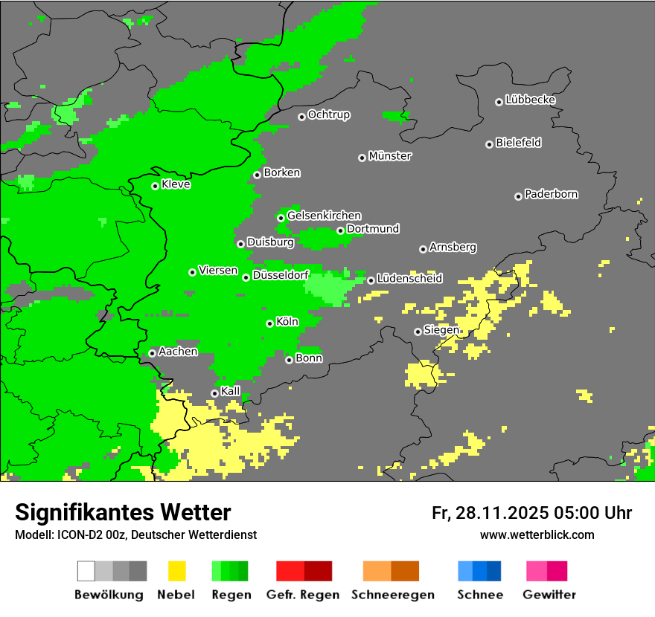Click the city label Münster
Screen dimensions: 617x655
click(390, 156)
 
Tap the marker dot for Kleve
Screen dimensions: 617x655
click(155, 186)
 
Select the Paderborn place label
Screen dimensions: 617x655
click(551, 194)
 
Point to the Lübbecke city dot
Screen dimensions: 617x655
click(499, 102)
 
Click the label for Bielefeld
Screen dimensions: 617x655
click(518, 143)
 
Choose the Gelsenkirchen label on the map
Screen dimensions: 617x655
click(324, 216)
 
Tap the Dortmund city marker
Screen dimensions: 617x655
click(340, 230)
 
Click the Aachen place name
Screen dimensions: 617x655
click(178, 352)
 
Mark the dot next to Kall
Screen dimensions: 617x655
click(214, 393)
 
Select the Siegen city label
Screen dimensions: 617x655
click(441, 330)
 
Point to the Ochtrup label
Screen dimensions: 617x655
click(328, 115)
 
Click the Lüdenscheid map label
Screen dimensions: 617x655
click(409, 279)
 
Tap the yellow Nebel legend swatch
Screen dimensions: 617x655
click(176, 571)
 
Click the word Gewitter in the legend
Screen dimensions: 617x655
click(549, 595)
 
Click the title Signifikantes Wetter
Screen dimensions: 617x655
click(123, 512)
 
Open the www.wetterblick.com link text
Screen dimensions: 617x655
click(537, 534)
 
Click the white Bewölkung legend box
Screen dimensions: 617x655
click(86, 571)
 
